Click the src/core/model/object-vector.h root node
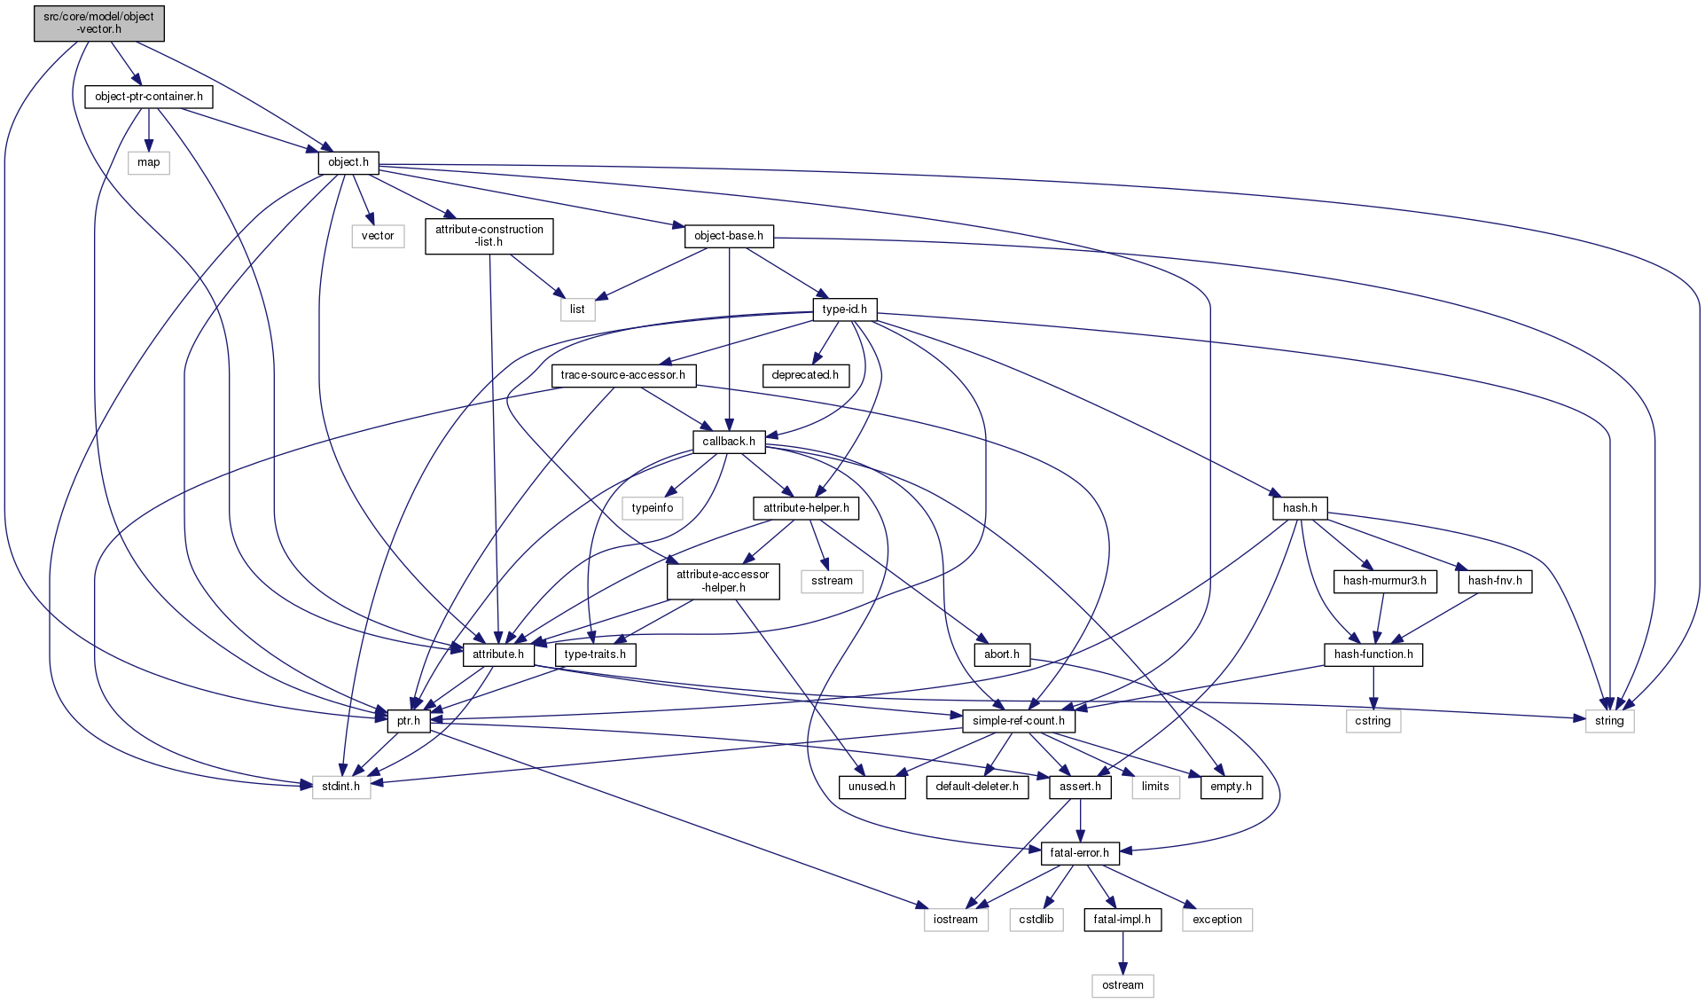(99, 23)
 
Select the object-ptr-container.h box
(149, 97)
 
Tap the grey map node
(149, 162)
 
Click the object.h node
(348, 162)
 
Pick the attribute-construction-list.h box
(489, 236)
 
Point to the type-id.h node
(845, 310)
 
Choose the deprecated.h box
(805, 375)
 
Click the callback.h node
(729, 442)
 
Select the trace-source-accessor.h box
(623, 375)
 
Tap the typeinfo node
(653, 508)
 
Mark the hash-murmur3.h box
(1385, 582)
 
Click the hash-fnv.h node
(1495, 582)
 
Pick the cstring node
(1373, 721)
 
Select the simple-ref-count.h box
(1019, 721)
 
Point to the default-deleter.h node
(977, 787)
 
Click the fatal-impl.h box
(1122, 920)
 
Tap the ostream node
(1122, 985)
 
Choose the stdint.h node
(341, 787)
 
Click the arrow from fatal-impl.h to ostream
(1122, 952)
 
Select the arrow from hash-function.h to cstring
(1373, 688)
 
